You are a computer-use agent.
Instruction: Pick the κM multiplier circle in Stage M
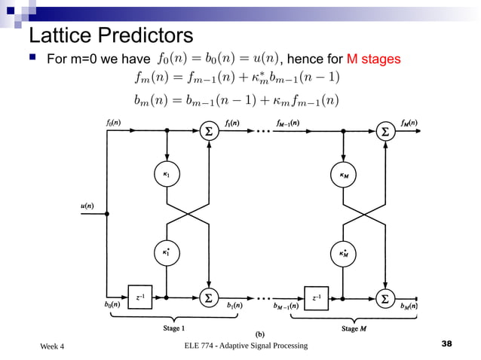coord(343,175)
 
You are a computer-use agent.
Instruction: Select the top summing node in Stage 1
coord(208,131)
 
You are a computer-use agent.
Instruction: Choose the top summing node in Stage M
coord(385,131)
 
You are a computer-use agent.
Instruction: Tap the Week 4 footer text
coord(52,346)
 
